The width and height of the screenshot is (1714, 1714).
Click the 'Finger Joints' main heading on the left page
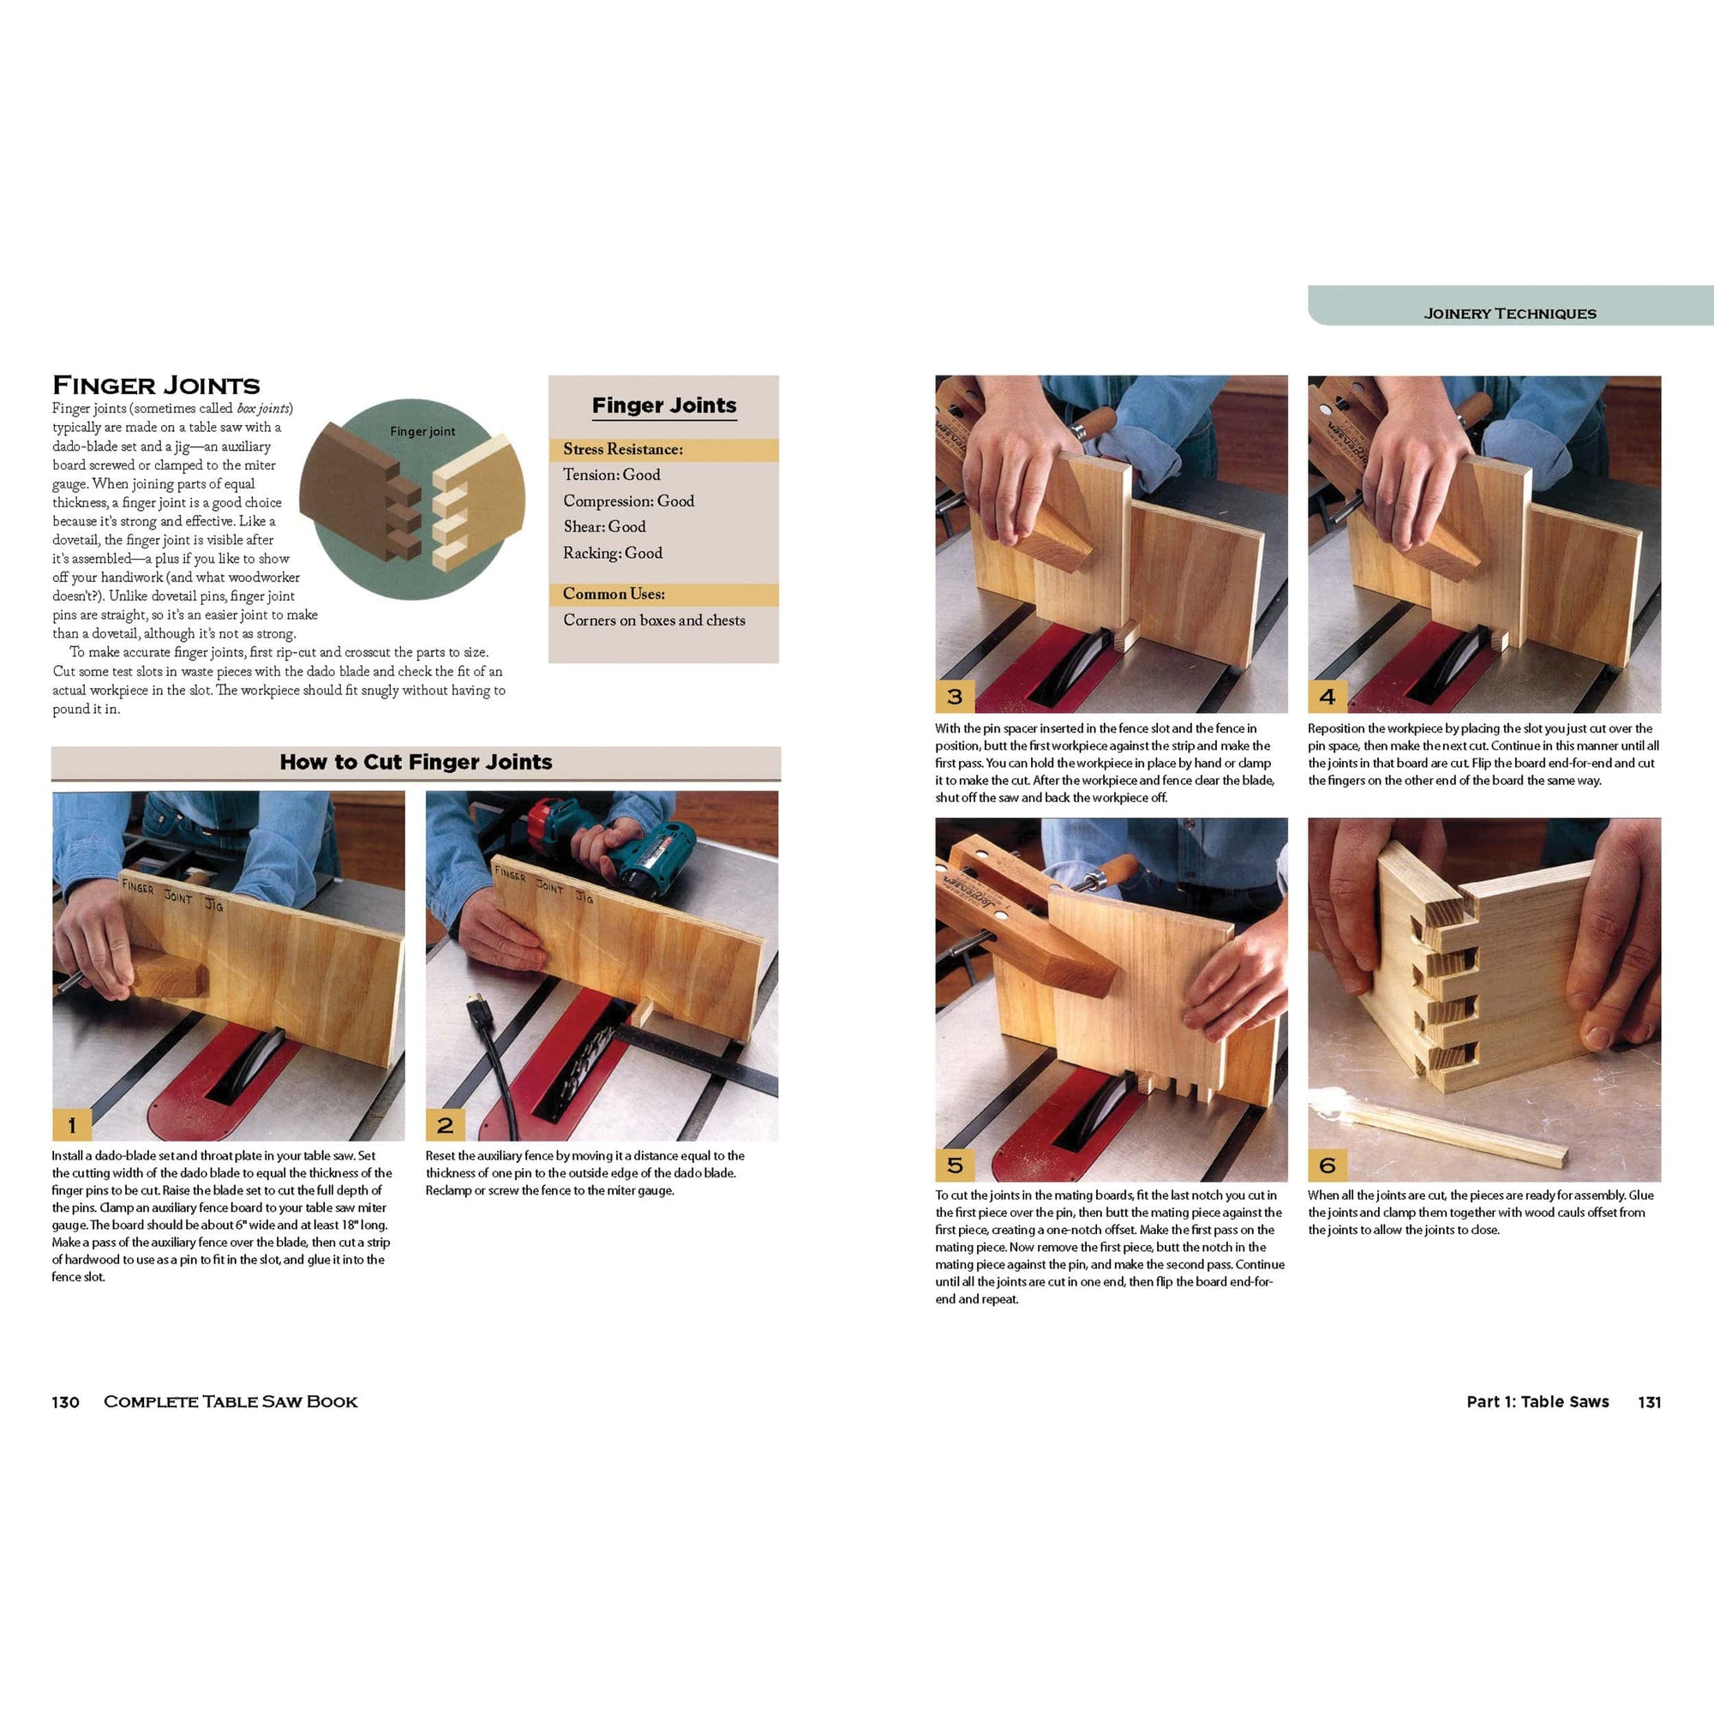[x=156, y=385]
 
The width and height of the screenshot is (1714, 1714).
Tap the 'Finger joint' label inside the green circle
[x=423, y=431]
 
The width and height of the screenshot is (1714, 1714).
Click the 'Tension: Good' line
[x=611, y=475]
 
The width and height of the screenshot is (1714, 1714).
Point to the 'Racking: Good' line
[x=612, y=553]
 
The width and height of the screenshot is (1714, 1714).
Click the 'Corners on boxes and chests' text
[x=654, y=620]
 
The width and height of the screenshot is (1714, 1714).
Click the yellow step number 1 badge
[x=72, y=1125]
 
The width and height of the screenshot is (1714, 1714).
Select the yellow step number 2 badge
[x=446, y=1125]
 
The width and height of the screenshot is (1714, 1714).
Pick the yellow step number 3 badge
[x=955, y=697]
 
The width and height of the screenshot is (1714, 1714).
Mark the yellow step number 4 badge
[x=1327, y=697]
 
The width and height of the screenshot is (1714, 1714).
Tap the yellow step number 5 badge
[x=955, y=1164]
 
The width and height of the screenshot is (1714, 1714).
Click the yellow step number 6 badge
[x=1327, y=1164]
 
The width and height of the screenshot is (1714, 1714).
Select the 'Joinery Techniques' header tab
[x=1510, y=313]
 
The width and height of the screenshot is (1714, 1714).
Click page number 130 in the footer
[x=66, y=1402]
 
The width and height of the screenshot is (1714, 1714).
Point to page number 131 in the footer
[x=1649, y=1402]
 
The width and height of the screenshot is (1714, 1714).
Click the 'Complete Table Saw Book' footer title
[x=231, y=1402]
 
